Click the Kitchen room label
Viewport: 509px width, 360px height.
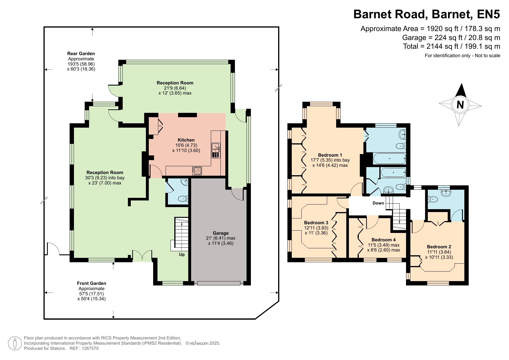186,140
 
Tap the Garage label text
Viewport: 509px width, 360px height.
221,233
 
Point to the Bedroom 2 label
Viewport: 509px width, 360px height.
439,247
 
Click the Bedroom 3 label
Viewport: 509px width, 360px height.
316,223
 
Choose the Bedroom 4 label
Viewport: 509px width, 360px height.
383,240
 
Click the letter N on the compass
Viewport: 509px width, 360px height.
460,104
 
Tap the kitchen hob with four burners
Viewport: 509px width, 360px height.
197,171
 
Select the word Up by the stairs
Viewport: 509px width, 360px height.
182,255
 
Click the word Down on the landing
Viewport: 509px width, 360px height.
378,203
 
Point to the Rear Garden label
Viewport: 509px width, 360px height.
81,54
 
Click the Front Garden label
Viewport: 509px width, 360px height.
92,283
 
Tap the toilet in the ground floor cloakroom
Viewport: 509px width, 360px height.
183,199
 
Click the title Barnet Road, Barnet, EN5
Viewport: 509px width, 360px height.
427,14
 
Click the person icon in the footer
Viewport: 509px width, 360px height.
15,343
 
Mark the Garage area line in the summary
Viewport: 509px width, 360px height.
451,38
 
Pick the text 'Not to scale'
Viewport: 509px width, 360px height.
488,56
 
